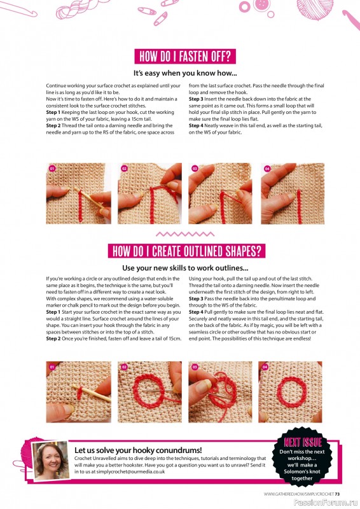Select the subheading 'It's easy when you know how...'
tap(180, 73)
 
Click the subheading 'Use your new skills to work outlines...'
tap(180, 268)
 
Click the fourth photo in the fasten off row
tap(293, 193)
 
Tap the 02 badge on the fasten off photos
tap(124, 169)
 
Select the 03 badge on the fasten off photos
tap(195, 169)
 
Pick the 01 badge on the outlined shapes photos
tap(52, 367)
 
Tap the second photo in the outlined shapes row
tap(149, 392)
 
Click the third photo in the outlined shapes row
tap(220, 392)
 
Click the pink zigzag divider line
tap(180, 234)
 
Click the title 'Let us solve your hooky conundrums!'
tap(138, 449)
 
